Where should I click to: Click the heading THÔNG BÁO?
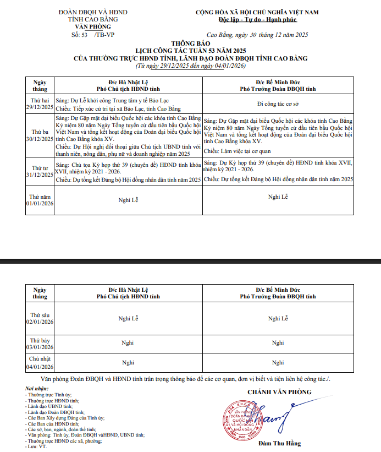(x=190, y=42)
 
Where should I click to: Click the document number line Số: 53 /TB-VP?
(x=93, y=34)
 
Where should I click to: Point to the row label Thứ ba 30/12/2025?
(x=40, y=135)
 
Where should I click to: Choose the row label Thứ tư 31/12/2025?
(x=40, y=171)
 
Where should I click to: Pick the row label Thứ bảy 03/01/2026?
(x=40, y=344)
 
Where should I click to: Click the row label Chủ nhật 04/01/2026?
(x=40, y=363)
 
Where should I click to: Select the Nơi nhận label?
(x=37, y=389)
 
